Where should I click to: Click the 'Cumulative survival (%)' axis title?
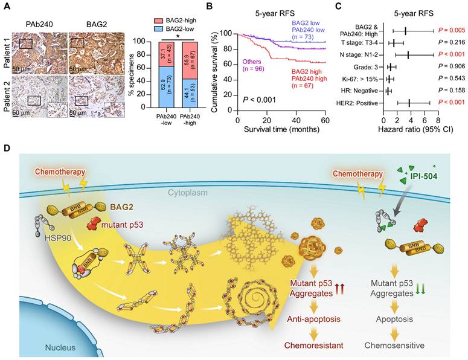[x=221, y=68]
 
